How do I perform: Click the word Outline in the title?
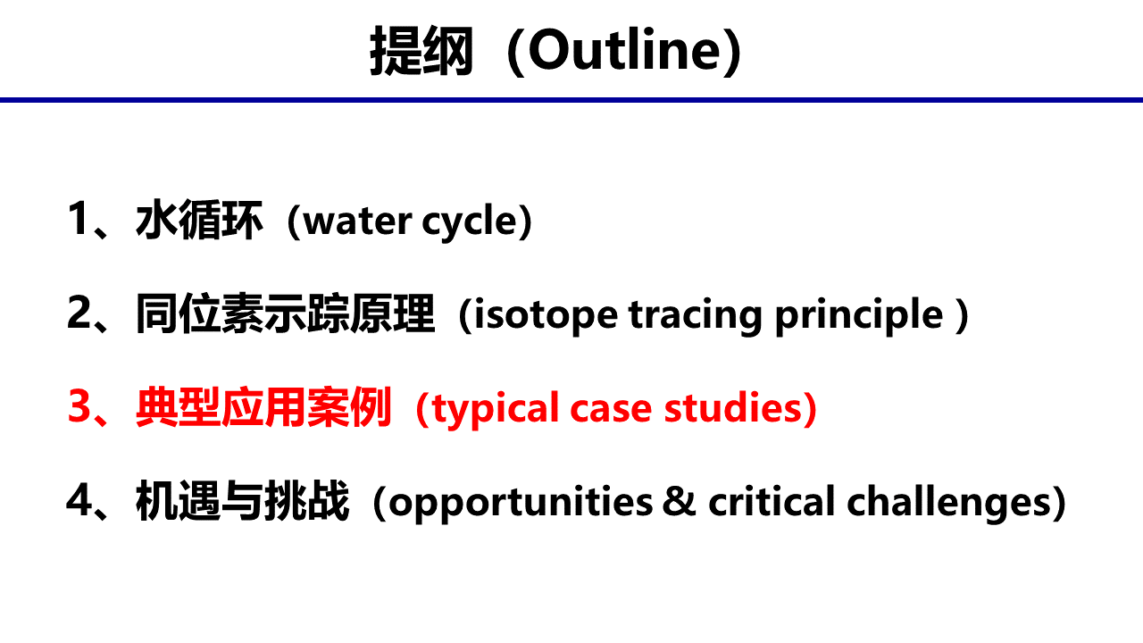tap(625, 49)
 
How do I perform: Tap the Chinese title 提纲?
tap(421, 51)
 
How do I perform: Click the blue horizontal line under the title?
tap(571, 100)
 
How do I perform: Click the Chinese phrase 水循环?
tap(199, 220)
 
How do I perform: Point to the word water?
tap(357, 221)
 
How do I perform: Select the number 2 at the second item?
tap(79, 313)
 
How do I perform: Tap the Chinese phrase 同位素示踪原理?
tap(285, 313)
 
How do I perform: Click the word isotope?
tap(546, 315)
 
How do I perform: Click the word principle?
tap(859, 315)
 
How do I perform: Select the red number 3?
tap(79, 406)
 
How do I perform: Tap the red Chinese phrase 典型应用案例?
tap(263, 406)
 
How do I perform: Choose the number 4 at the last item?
tap(79, 500)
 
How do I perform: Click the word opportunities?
tap(521, 503)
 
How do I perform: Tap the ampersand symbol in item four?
tap(680, 501)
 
